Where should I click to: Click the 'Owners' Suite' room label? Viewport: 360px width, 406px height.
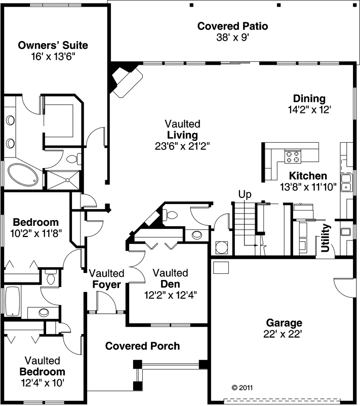tap(53, 45)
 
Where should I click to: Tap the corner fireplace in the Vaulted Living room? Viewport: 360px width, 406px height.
tap(126, 80)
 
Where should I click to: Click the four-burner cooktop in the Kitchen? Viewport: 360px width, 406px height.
tap(292, 156)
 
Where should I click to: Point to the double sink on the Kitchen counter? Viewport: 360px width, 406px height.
tap(347, 183)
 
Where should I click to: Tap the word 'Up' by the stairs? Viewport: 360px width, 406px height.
tap(245, 194)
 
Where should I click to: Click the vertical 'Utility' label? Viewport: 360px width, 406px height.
tap(326, 238)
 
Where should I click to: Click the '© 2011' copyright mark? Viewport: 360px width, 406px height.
tap(242, 388)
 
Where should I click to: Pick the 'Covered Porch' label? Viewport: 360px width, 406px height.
tap(142, 346)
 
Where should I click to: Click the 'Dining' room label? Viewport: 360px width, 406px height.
tap(309, 99)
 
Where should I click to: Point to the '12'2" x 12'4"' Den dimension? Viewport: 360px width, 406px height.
tap(170, 295)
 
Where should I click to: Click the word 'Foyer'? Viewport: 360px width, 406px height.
tap(106, 285)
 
